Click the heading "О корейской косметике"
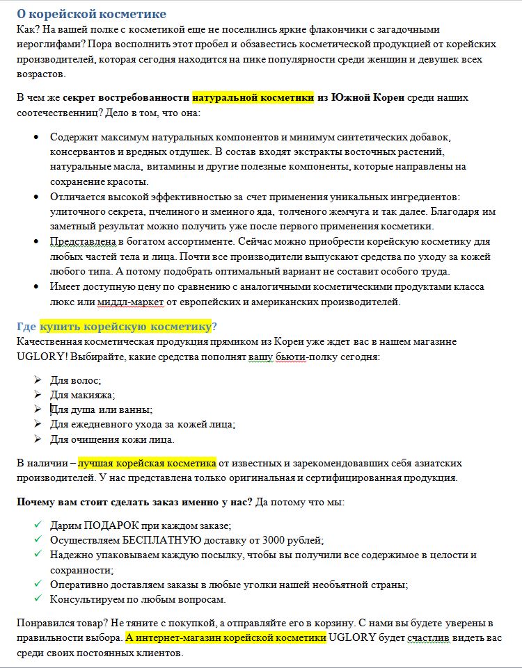(x=91, y=14)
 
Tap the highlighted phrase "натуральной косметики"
(x=253, y=97)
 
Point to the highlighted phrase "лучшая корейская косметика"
(x=148, y=463)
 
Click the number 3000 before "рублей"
(x=280, y=539)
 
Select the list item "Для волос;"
(x=75, y=380)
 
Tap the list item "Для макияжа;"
(x=82, y=395)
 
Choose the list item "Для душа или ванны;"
(x=101, y=409)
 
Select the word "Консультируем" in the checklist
(x=88, y=599)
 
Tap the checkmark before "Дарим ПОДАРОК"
(x=37, y=524)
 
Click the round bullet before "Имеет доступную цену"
(x=37, y=286)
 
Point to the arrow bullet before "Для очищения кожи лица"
(x=37, y=439)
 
